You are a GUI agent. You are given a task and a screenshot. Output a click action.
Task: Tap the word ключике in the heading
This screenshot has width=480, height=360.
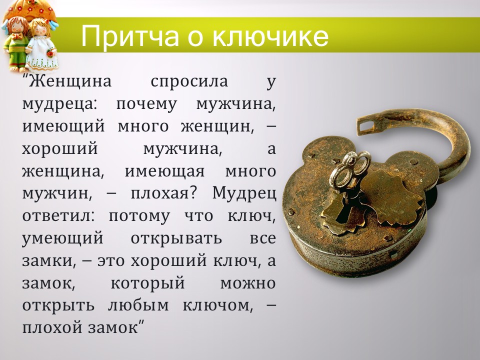(x=269, y=36)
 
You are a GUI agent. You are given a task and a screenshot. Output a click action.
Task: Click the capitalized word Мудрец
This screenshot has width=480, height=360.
(x=244, y=193)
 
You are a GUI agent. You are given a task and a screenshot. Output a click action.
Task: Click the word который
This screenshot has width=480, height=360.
(x=147, y=283)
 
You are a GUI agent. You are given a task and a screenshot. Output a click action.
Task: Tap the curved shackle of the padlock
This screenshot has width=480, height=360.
(x=452, y=145)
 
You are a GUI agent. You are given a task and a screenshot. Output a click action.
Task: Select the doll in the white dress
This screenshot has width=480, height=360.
(x=40, y=45)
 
